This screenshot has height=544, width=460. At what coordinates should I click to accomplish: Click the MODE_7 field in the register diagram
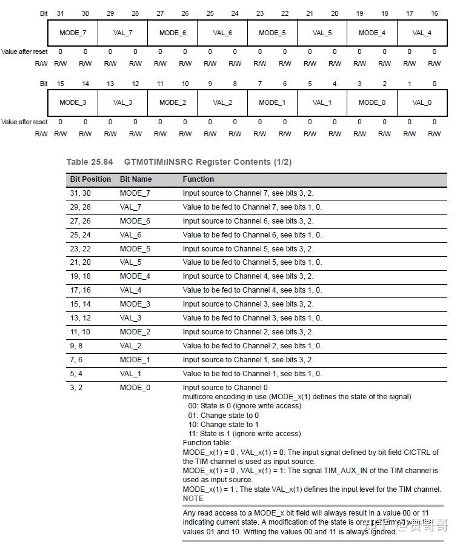pyautogui.click(x=73, y=33)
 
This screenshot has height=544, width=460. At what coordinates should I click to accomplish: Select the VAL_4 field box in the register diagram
pyautogui.click(x=422, y=33)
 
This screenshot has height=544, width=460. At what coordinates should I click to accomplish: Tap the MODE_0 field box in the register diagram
pyautogui.click(x=372, y=102)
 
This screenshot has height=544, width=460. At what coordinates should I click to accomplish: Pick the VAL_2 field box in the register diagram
pyautogui.click(x=222, y=102)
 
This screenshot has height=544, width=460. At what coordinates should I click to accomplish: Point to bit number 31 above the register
pyautogui.click(x=60, y=13)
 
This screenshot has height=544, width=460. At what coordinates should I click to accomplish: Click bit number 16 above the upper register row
pyautogui.click(x=434, y=13)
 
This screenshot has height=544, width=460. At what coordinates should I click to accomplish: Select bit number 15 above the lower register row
pyautogui.click(x=60, y=84)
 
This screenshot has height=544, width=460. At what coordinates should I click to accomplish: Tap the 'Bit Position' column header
pyautogui.click(x=90, y=179)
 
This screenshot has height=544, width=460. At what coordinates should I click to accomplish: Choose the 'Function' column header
pyautogui.click(x=198, y=179)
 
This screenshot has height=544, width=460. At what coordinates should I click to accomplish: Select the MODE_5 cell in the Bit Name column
pyautogui.click(x=135, y=249)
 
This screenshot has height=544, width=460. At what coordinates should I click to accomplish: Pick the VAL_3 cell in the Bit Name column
pyautogui.click(x=130, y=318)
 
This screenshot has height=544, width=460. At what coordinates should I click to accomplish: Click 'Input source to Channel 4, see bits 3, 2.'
pyautogui.click(x=248, y=276)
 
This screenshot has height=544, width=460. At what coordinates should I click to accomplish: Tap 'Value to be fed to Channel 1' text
pyautogui.click(x=230, y=374)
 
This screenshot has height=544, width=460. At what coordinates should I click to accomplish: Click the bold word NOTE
pyautogui.click(x=193, y=499)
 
